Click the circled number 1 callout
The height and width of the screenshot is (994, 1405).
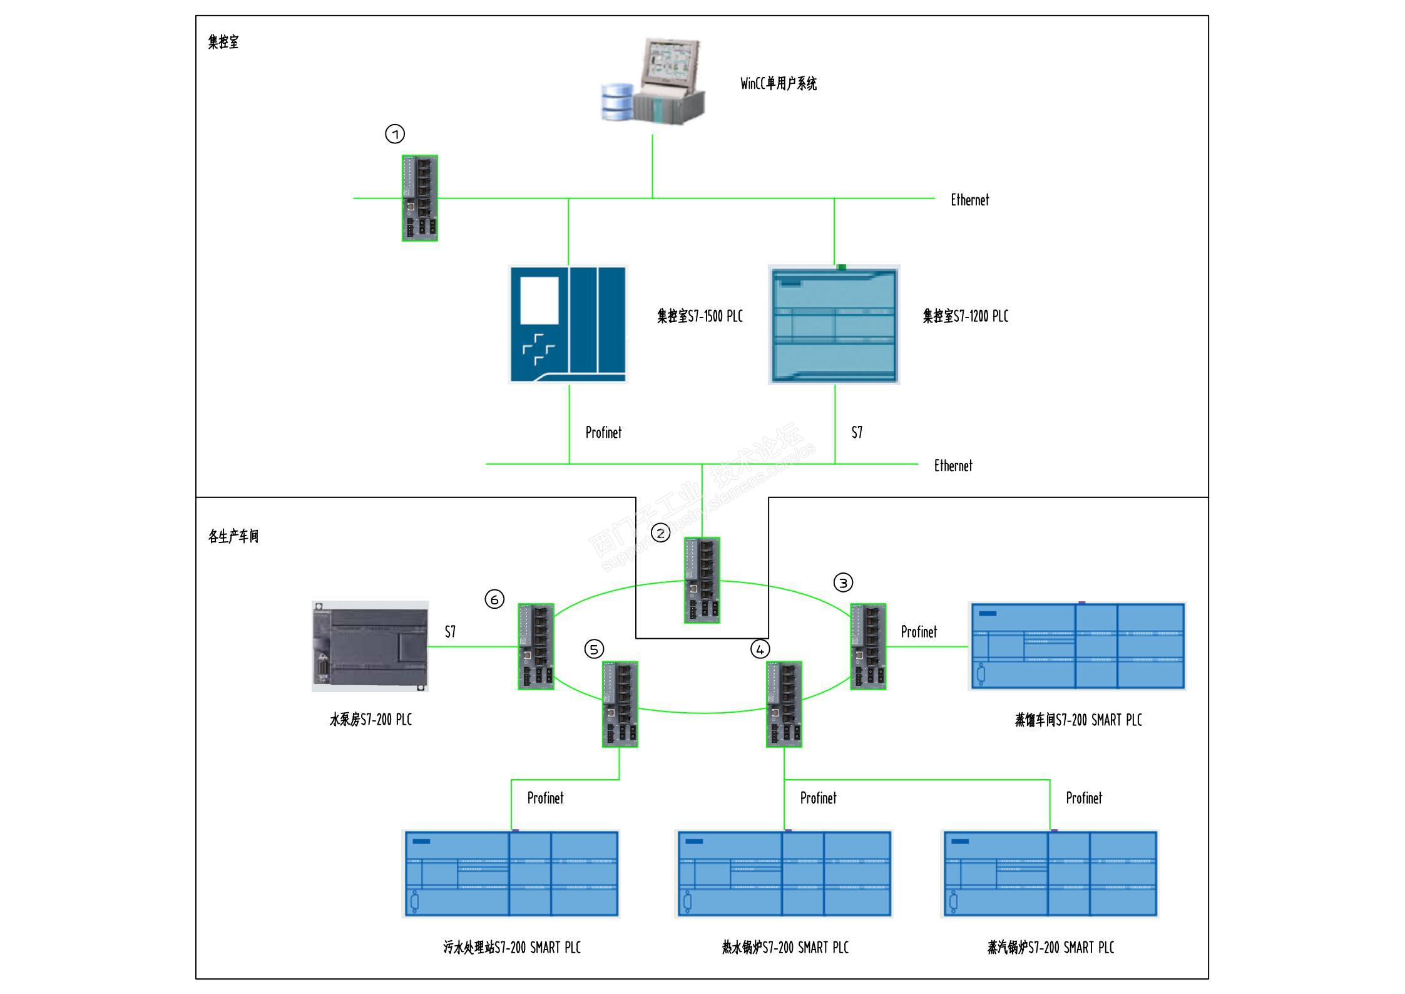pos(395,134)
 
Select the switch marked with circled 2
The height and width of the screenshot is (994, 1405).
pos(702,580)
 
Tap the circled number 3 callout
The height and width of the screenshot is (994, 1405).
pos(843,583)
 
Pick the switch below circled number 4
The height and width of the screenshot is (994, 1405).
pos(784,704)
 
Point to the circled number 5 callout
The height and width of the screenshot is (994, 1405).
pos(594,649)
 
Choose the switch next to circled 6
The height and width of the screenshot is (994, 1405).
pos(536,646)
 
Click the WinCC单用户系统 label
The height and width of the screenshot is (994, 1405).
pos(778,84)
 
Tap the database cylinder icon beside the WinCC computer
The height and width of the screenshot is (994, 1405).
pos(617,101)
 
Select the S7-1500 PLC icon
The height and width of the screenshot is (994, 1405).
pos(568,324)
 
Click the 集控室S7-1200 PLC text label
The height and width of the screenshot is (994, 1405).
pos(965,316)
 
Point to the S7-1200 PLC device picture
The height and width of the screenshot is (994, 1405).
pos(834,324)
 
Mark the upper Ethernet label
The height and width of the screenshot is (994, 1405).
pos(969,200)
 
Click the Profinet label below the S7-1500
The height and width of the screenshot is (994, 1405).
pos(603,433)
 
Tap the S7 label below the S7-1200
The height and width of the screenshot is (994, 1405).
pos(857,433)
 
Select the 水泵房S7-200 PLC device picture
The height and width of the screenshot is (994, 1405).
pos(370,646)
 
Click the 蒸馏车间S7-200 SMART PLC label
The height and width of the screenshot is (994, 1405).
pos(1078,720)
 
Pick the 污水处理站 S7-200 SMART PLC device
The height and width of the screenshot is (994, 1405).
pos(511,874)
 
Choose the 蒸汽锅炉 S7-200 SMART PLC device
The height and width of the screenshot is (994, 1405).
pos(1050,874)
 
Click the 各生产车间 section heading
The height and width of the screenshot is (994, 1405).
pos(233,537)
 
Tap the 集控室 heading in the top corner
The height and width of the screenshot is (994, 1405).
pos(223,43)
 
